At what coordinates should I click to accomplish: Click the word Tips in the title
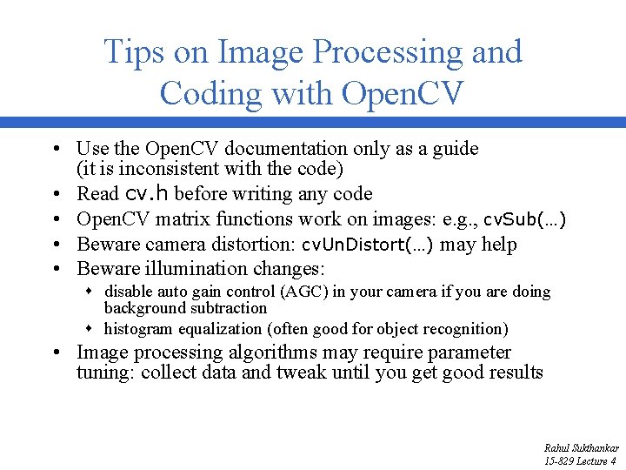132,52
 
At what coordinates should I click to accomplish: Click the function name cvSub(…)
525,219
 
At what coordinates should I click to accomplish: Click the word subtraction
228,308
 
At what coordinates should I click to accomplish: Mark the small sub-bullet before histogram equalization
91,329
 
